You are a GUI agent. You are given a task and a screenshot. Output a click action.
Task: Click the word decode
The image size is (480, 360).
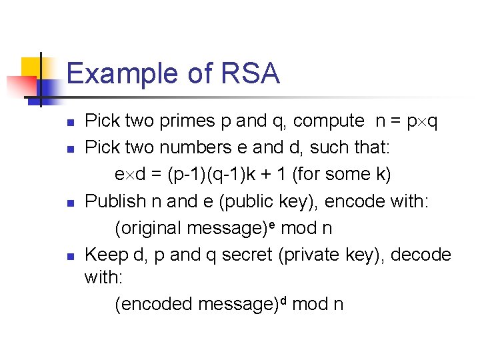[419, 254]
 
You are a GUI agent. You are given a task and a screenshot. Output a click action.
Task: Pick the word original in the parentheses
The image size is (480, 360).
[151, 227]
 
